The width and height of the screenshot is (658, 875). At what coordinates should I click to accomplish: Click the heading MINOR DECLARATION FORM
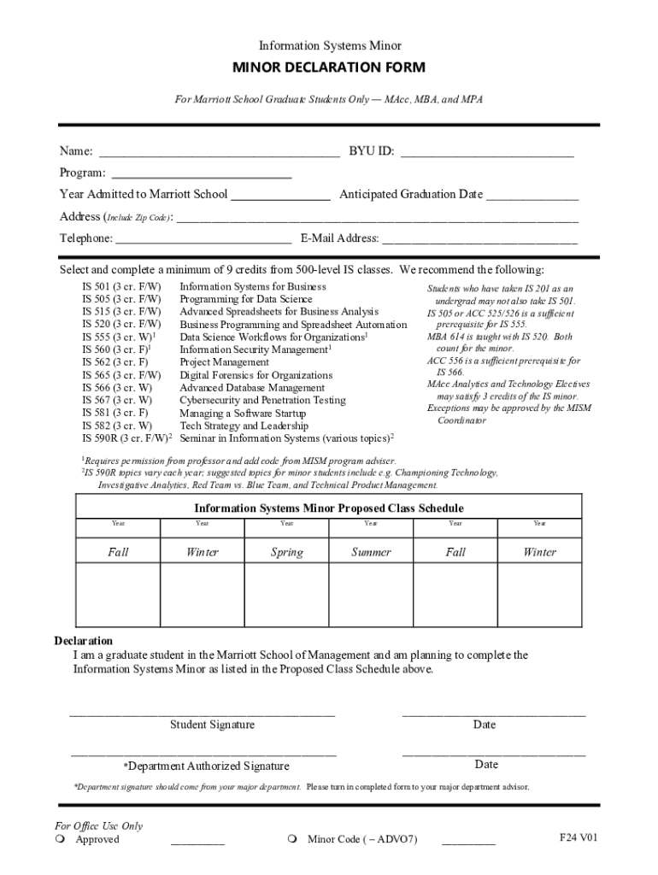pyautogui.click(x=329, y=68)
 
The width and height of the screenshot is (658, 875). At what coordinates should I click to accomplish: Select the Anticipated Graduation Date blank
pyautogui.click(x=532, y=198)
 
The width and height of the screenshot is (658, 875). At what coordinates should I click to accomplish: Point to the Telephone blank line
pyautogui.click(x=203, y=243)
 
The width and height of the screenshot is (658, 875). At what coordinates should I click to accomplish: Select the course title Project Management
pyautogui.click(x=224, y=362)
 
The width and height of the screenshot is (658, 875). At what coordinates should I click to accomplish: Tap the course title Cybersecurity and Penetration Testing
pyautogui.click(x=262, y=400)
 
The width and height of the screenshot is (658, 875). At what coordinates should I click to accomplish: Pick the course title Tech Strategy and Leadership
pyautogui.click(x=244, y=426)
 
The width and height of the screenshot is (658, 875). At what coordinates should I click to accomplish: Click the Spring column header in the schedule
pyautogui.click(x=287, y=552)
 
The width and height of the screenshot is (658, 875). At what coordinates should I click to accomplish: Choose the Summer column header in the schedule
pyautogui.click(x=371, y=552)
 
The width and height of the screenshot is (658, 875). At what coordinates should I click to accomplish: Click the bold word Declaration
pyautogui.click(x=84, y=641)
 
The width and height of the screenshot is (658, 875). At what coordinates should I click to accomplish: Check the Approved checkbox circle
pyautogui.click(x=59, y=839)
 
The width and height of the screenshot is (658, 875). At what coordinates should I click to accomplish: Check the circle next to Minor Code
pyautogui.click(x=291, y=839)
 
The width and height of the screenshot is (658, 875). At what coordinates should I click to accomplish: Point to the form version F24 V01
pyautogui.click(x=579, y=837)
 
